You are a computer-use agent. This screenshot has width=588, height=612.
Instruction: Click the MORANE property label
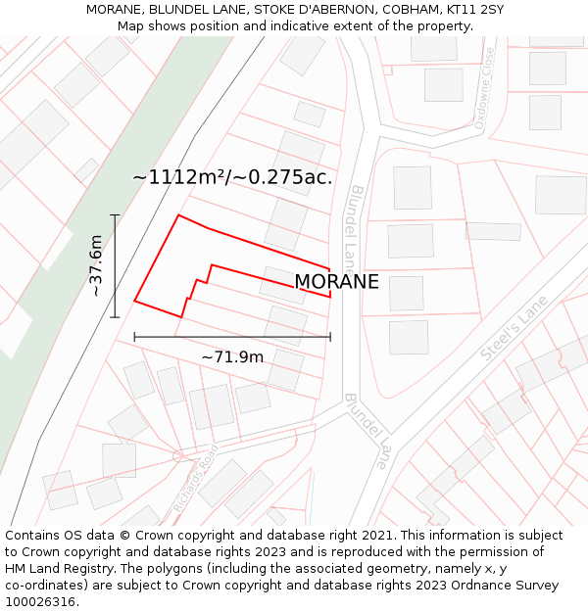[x=336, y=282]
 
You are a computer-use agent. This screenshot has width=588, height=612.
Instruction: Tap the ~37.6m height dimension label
[x=95, y=265]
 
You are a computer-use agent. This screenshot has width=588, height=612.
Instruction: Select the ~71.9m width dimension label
[x=232, y=356]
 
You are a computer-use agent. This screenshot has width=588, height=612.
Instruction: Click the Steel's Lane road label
[x=513, y=332]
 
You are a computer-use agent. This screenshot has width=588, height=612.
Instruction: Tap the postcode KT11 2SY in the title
[x=475, y=9]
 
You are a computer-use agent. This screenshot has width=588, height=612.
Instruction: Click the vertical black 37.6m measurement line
[x=115, y=266]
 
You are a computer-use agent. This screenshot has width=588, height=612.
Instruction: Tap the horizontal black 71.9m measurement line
[x=232, y=337]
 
